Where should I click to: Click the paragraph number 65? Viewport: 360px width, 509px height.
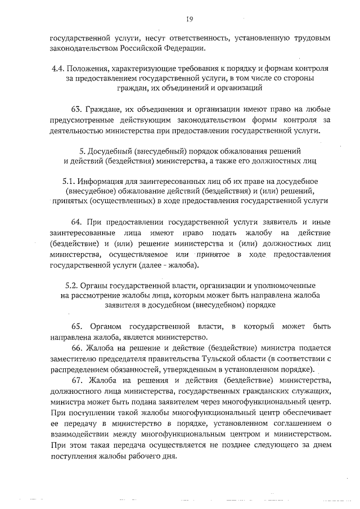coord(76,326)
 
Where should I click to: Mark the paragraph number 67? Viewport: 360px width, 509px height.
coord(76,380)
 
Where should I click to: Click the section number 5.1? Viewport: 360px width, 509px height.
coord(69,182)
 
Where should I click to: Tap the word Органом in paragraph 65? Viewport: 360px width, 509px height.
coord(105,326)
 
